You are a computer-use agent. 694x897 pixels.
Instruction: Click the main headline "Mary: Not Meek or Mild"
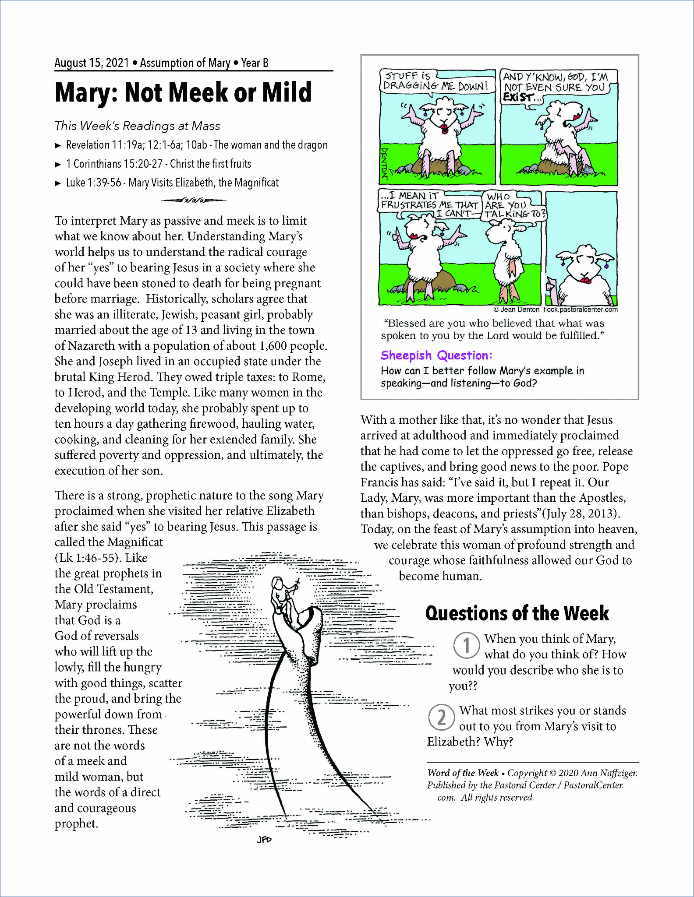[183, 92]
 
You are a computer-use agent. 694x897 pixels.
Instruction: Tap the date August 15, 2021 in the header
[92, 63]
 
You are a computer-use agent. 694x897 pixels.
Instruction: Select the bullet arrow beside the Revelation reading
[58, 145]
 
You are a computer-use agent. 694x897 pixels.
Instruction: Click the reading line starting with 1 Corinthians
[158, 164]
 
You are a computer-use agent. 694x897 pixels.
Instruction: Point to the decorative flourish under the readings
[193, 201]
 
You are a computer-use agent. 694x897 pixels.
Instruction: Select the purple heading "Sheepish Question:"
[436, 355]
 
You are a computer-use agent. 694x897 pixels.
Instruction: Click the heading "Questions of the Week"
[517, 613]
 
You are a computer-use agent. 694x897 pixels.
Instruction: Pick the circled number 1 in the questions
[466, 645]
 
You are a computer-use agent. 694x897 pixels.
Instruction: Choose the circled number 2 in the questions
[441, 718]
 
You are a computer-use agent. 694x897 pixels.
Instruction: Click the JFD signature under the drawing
[264, 839]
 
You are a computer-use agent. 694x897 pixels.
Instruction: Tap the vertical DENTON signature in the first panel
[384, 163]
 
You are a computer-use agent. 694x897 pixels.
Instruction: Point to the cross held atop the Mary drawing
[297, 583]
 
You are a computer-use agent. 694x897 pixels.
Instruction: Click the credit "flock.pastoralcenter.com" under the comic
[580, 310]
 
